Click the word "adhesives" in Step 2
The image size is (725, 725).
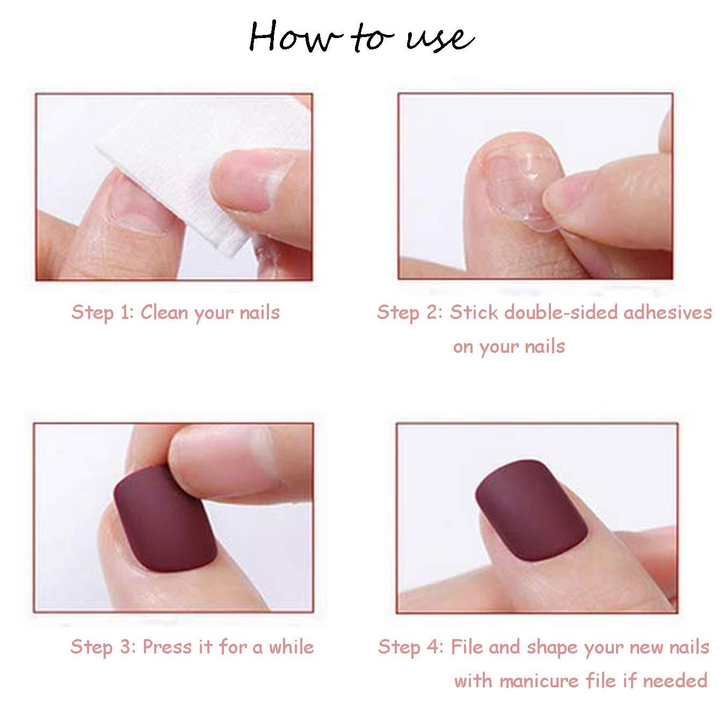pyautogui.click(x=668, y=312)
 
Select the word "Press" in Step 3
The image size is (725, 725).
pyautogui.click(x=168, y=647)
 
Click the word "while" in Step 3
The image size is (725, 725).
pyautogui.click(x=291, y=647)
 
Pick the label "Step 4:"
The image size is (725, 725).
pyautogui.click(x=411, y=648)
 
